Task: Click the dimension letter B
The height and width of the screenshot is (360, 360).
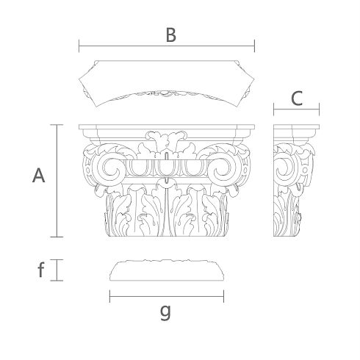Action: click(171, 35)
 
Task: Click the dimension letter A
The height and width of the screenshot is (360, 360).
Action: click(39, 176)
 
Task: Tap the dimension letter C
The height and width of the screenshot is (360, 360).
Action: click(297, 98)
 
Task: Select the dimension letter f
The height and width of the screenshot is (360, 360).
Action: click(41, 270)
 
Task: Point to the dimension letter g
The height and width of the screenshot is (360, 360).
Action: click(165, 313)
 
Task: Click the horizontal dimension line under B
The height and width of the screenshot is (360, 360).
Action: click(167, 46)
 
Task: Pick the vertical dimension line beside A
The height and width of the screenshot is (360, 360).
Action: click(57, 181)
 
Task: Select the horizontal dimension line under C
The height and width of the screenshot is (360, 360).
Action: click(297, 109)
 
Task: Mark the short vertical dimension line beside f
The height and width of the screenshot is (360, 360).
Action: click(57, 270)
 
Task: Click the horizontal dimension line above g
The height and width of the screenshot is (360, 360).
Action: click(167, 296)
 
